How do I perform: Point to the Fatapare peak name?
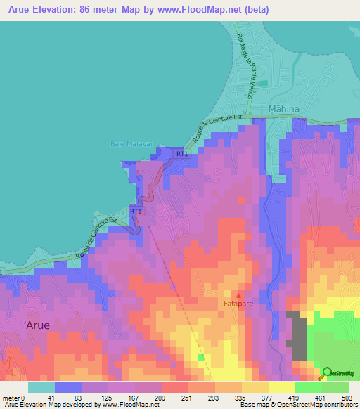[x=238, y=304]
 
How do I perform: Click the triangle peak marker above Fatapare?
[x=238, y=296]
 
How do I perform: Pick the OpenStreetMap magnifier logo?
[x=327, y=373]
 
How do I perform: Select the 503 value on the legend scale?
[x=347, y=397]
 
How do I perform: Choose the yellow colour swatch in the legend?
[x=282, y=387]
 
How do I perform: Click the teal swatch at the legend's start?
[x=41, y=387]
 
